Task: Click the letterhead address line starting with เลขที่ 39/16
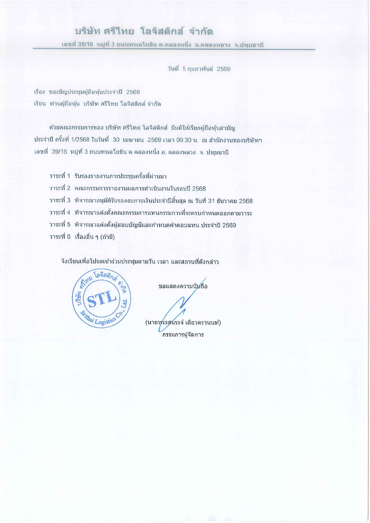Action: pos(162,45)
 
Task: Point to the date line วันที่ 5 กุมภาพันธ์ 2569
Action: pos(199,69)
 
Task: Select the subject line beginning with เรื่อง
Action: pos(87,92)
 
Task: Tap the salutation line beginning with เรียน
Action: pos(97,104)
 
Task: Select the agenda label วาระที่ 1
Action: pos(60,176)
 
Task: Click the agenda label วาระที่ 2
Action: pos(60,188)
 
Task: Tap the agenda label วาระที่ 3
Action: pos(60,201)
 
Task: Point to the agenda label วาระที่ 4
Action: pos(60,213)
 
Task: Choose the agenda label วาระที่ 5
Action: pos(60,225)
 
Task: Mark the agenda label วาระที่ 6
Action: pos(60,237)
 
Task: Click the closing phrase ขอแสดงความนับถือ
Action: pos(183,286)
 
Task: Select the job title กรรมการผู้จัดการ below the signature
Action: pos(183,335)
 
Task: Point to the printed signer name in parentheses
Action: pos(183,322)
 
